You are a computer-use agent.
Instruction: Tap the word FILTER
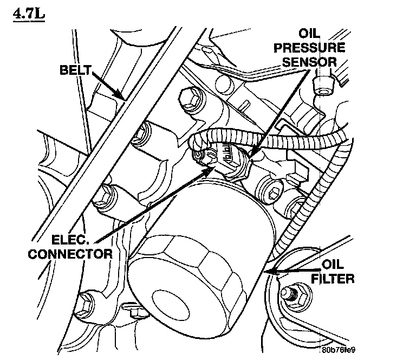click(334, 280)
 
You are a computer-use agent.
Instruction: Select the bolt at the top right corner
click(324, 83)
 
